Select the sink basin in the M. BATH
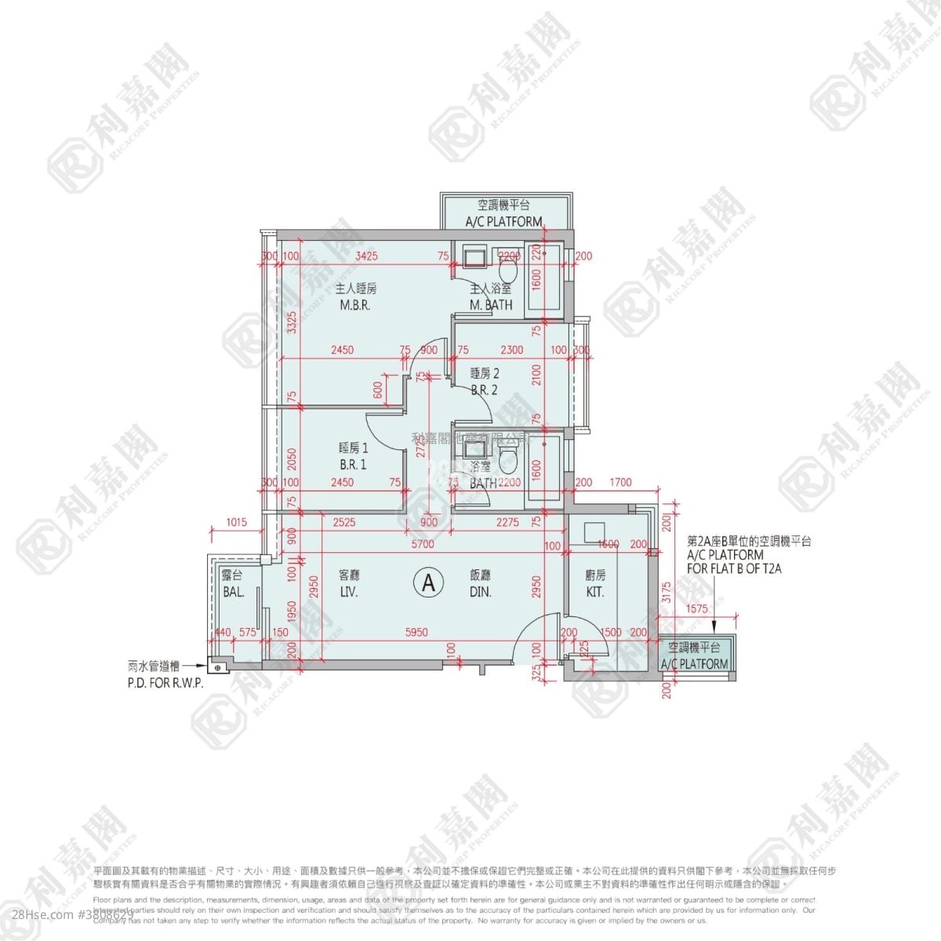point(474,258)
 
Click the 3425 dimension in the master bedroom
point(367,256)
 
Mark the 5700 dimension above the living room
point(423,544)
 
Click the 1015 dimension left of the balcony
point(235,523)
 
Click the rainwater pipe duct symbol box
point(217,667)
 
